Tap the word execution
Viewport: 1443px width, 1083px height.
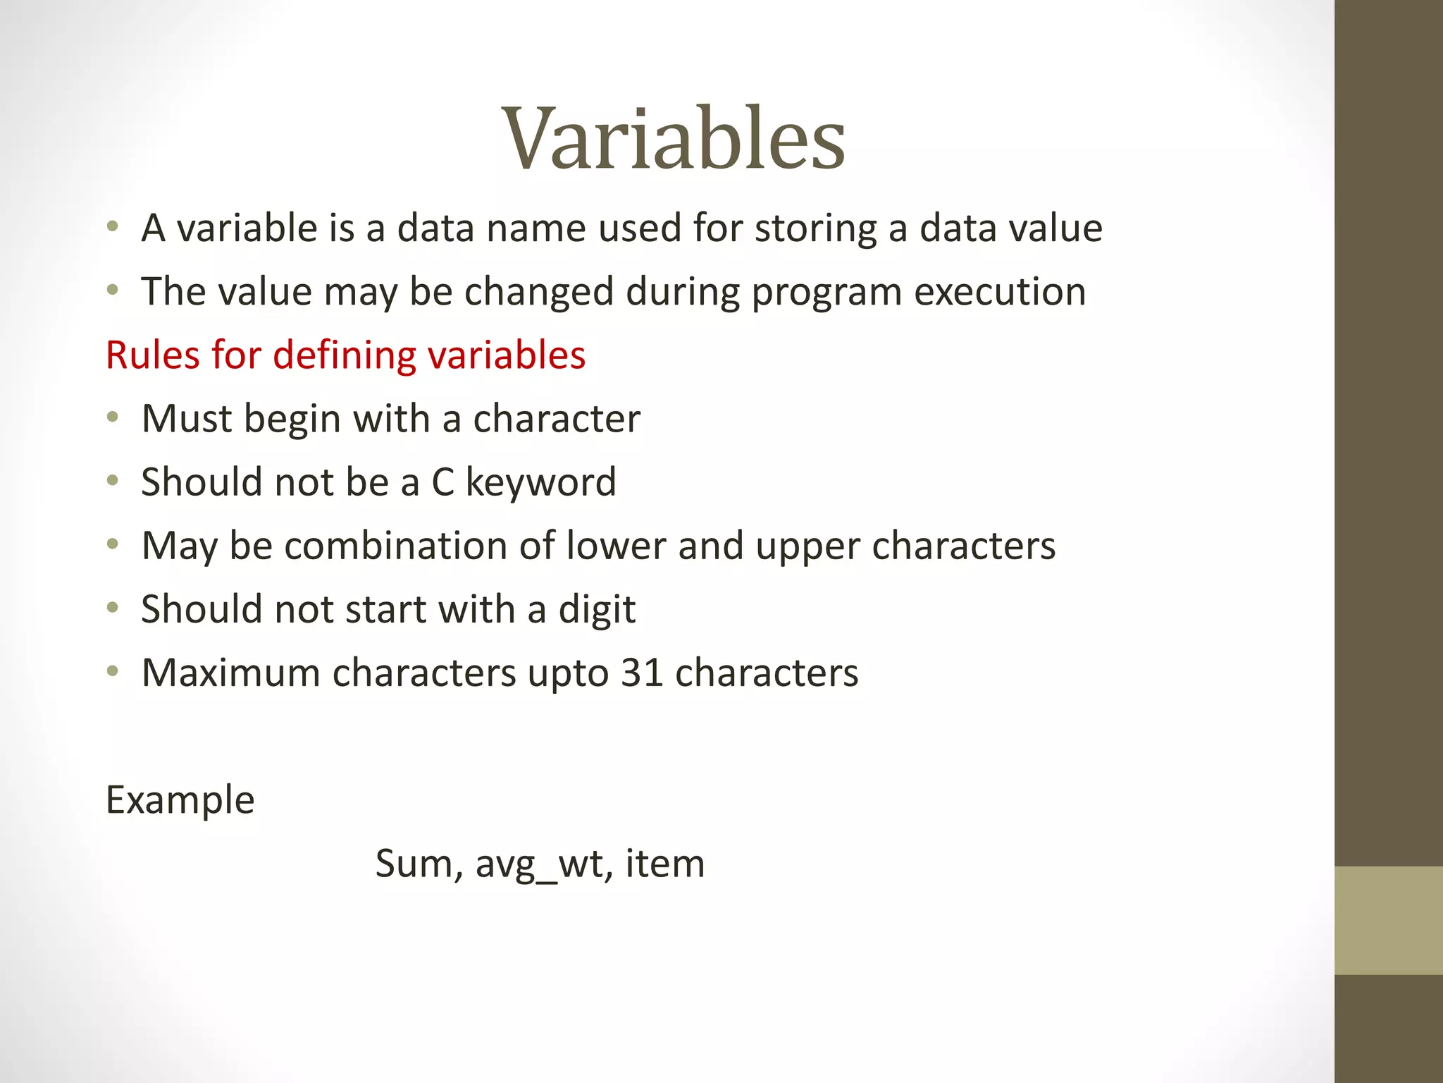tap(1000, 292)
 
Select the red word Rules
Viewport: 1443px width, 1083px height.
tap(152, 355)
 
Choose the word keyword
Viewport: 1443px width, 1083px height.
tap(540, 482)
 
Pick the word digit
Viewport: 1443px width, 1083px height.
tap(597, 610)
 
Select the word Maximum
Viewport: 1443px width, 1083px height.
tap(231, 673)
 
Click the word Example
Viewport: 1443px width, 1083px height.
tap(180, 800)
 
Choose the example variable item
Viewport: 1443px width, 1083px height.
tap(664, 863)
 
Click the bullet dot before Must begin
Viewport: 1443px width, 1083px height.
tap(113, 418)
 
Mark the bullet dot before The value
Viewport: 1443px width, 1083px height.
tap(113, 290)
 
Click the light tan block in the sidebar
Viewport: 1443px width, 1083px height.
tap(1388, 920)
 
